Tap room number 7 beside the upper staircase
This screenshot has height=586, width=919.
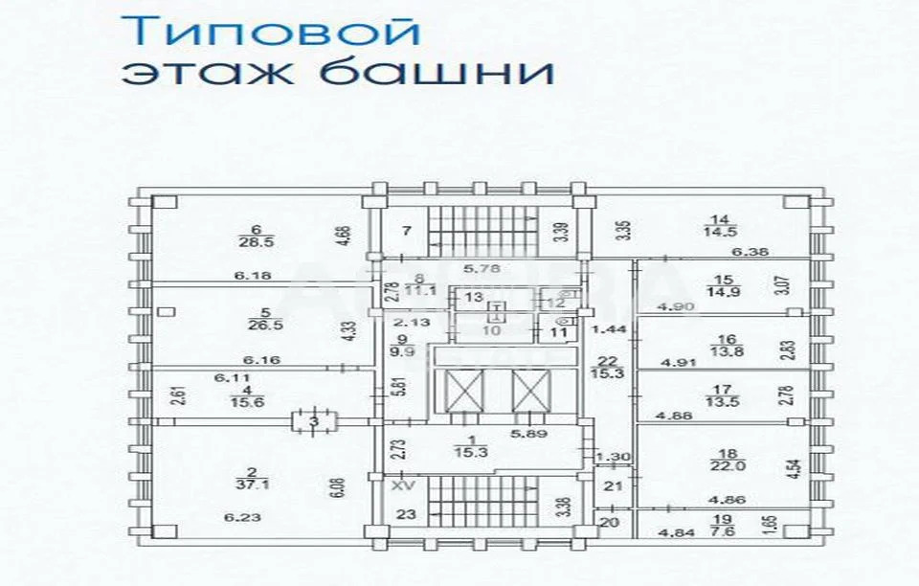click(x=406, y=230)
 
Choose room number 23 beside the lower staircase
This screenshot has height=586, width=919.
click(x=407, y=513)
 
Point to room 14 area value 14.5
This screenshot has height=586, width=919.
click(x=722, y=232)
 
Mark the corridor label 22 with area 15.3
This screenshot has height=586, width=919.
click(x=607, y=368)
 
